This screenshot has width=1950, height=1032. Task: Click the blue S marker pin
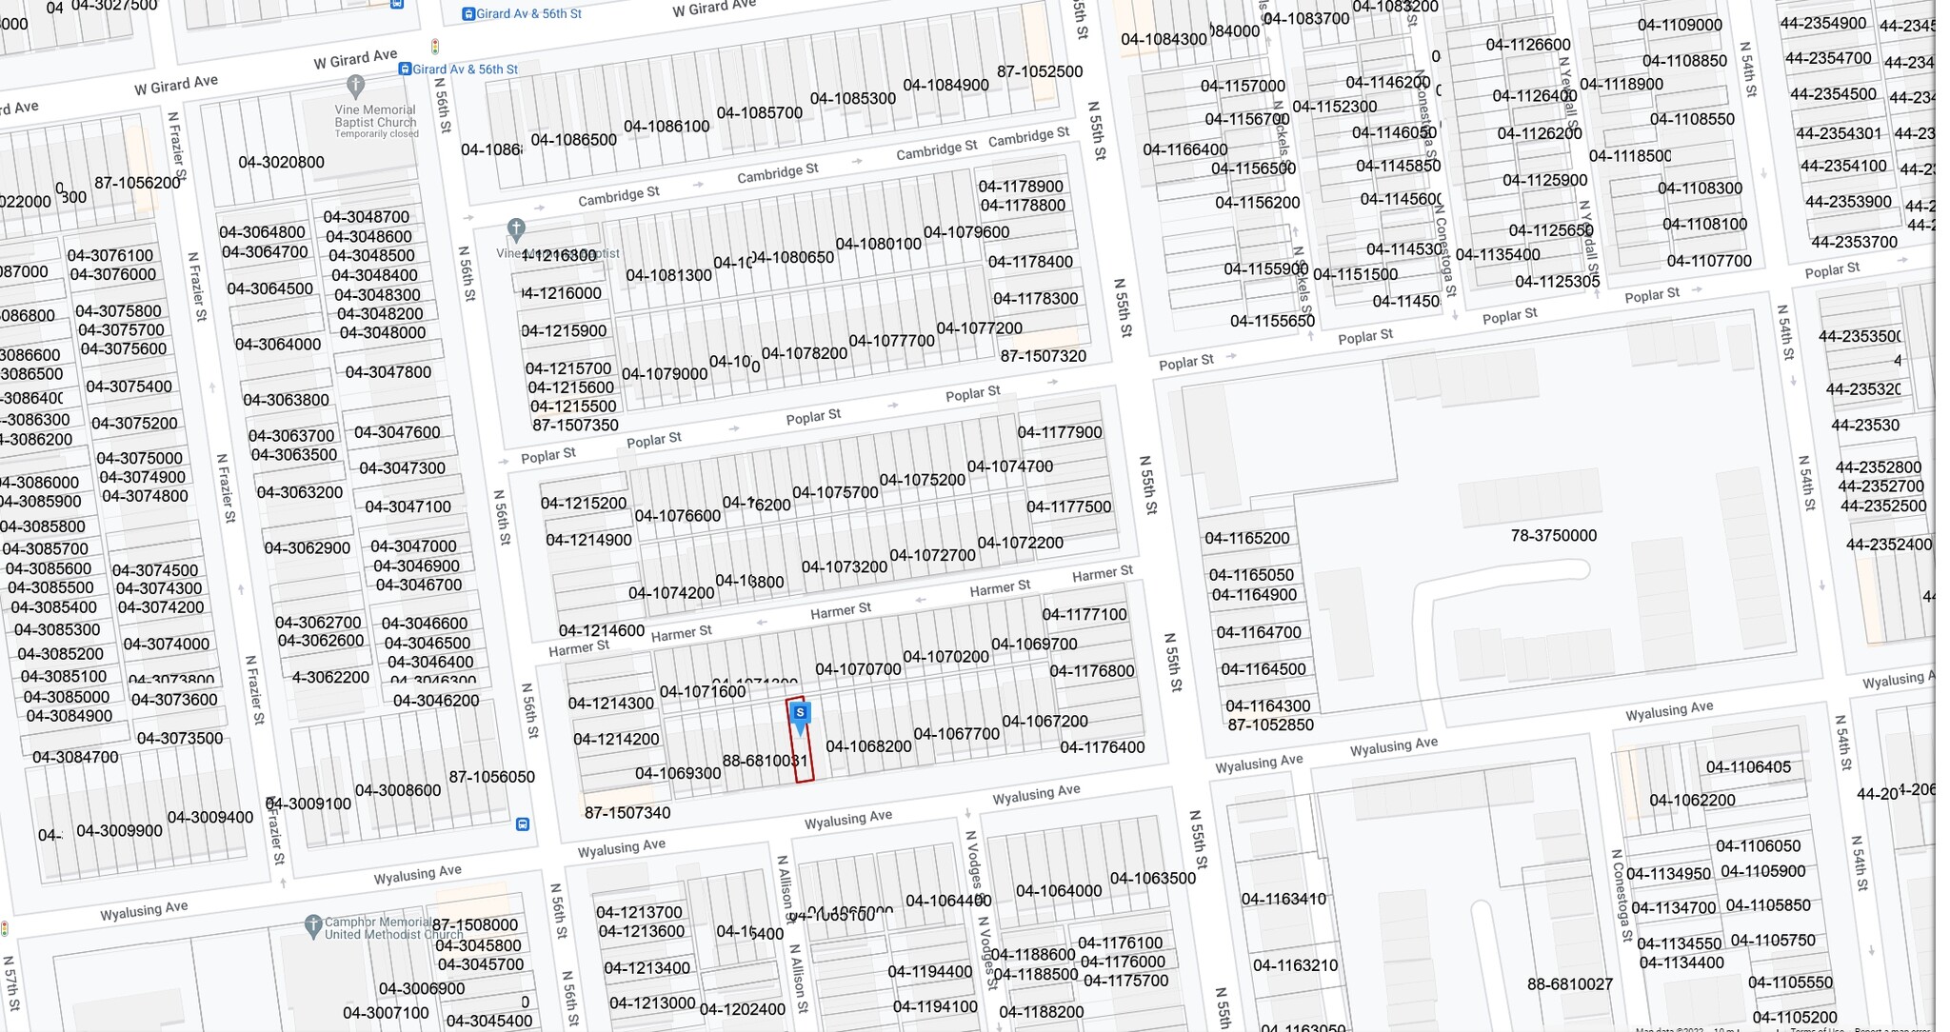(x=801, y=714)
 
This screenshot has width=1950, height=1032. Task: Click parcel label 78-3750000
(x=1553, y=536)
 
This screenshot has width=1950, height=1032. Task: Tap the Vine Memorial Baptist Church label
(x=375, y=117)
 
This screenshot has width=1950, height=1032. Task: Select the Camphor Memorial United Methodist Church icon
(x=312, y=924)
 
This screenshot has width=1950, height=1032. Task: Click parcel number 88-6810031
(x=765, y=761)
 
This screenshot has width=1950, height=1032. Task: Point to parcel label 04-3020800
(x=281, y=162)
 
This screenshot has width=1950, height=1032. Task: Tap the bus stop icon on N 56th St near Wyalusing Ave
(x=523, y=824)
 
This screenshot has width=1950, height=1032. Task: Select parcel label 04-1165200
(x=1246, y=538)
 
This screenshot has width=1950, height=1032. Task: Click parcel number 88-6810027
(x=1570, y=983)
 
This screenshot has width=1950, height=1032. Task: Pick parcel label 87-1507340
(x=627, y=813)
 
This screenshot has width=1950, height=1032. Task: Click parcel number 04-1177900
(x=1060, y=432)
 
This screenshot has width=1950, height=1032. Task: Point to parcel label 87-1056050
(x=491, y=777)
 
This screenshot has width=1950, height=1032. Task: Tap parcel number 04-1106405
(x=1748, y=767)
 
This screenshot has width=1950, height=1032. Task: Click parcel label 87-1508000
(x=475, y=924)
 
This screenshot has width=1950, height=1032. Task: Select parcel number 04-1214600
(x=601, y=630)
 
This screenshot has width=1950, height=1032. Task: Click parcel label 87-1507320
(x=1043, y=356)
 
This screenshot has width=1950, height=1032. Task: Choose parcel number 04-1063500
(x=1152, y=878)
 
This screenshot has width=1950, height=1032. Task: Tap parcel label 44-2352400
(x=1888, y=545)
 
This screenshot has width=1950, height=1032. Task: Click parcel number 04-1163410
(x=1283, y=899)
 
